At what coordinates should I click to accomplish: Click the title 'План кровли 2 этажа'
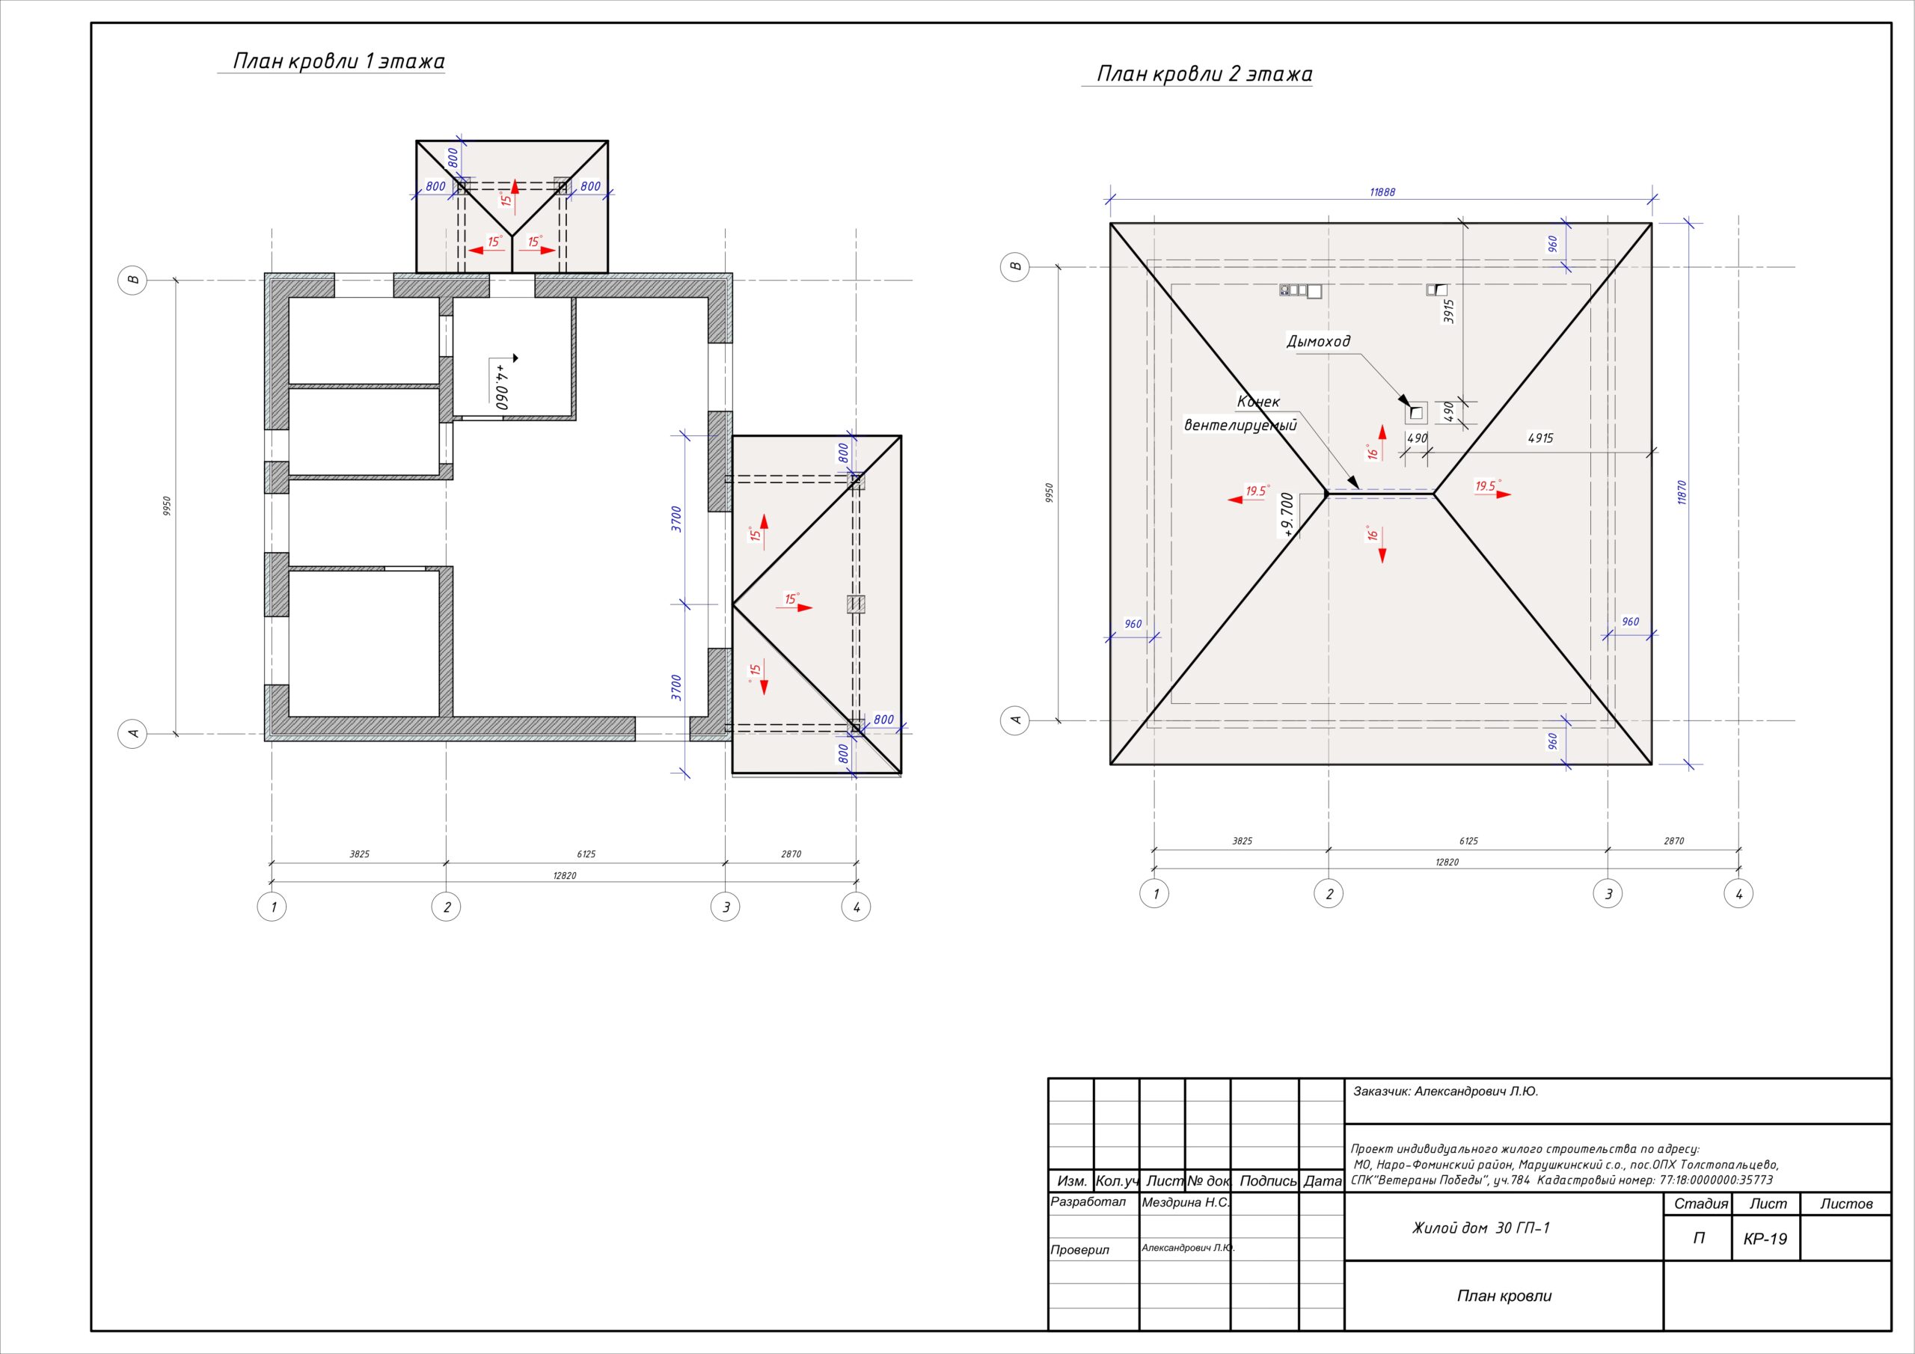1204,74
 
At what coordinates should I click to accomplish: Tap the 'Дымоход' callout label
1318,341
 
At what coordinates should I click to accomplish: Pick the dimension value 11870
1682,492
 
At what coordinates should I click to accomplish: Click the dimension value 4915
1539,438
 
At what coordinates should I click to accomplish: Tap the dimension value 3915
1449,311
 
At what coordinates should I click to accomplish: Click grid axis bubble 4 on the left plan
856,907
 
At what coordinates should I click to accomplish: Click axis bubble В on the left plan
132,280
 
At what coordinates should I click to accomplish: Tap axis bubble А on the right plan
1016,719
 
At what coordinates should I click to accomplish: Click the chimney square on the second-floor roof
1415,412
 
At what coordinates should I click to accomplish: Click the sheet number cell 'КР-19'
1765,1239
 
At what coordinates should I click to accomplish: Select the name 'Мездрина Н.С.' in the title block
1185,1203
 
